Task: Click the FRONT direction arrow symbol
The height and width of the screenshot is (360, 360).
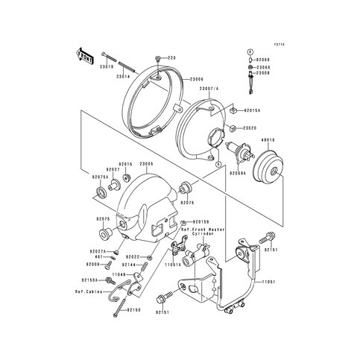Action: coord(84,54)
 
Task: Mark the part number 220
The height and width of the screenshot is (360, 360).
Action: coord(170,57)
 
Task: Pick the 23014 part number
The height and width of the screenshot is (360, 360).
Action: coord(122,75)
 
